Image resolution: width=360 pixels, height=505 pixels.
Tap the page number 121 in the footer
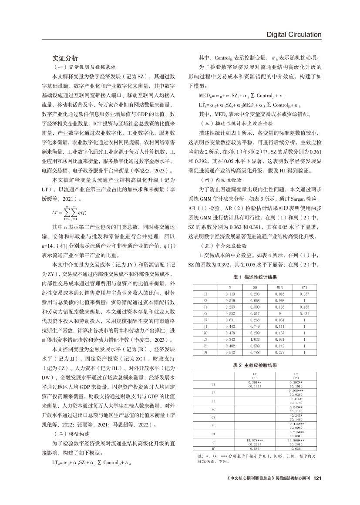click(317, 478)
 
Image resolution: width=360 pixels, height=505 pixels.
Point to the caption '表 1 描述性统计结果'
click(255, 277)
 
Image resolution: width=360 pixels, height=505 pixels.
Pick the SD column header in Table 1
click(255, 288)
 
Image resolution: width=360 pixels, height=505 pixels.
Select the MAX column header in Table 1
click(305, 288)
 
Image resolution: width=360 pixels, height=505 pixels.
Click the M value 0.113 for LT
click(230, 294)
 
